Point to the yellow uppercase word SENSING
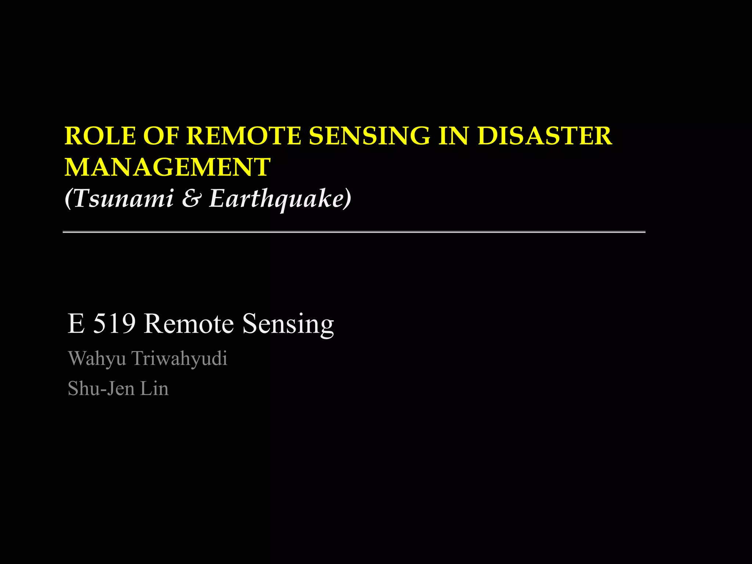point(369,136)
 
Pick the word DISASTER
point(545,136)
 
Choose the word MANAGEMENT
point(167,167)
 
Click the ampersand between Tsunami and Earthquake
point(191,199)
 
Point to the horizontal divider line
point(354,232)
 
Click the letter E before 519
point(76,323)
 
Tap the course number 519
point(114,323)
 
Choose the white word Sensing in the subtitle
point(288,324)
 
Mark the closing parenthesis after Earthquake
point(347,199)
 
